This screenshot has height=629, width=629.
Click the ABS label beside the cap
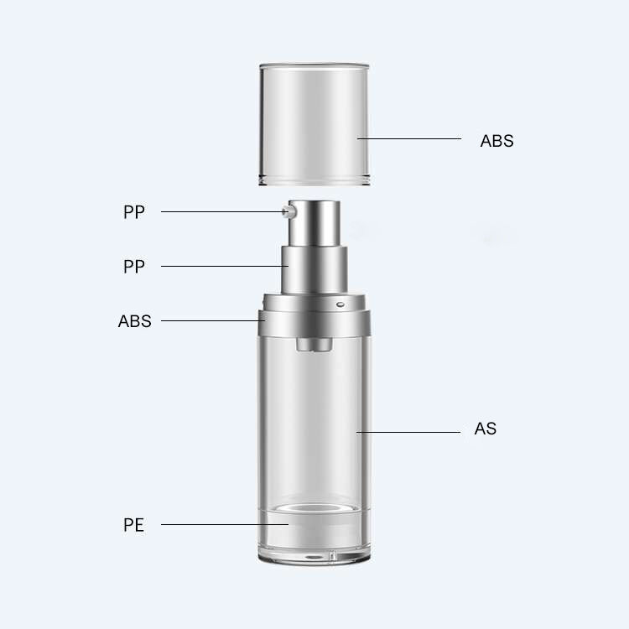tap(496, 141)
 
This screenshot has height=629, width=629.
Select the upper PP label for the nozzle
tap(134, 212)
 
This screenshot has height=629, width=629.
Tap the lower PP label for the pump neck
tap(134, 267)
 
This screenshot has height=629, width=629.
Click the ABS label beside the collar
tap(135, 321)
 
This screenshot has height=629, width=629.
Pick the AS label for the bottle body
tap(486, 429)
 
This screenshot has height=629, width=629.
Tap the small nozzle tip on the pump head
tap(288, 212)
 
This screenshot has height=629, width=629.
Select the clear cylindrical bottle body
tap(314, 419)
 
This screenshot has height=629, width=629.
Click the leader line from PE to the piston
tap(222, 525)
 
